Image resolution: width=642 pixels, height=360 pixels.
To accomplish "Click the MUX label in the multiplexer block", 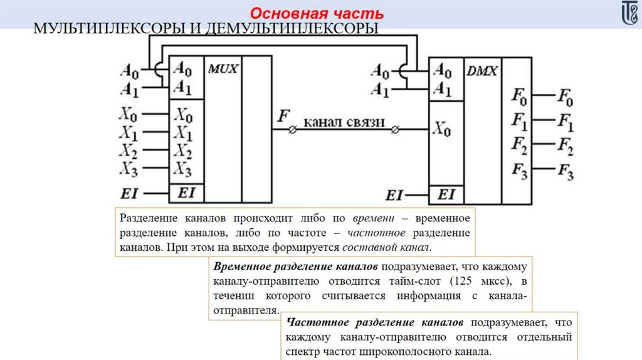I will click(x=223, y=69).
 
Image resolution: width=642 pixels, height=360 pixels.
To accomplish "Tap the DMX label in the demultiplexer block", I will click(x=482, y=71).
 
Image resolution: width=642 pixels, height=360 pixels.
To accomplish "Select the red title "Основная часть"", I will click(x=318, y=13).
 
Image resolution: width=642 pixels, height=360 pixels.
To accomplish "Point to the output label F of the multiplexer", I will click(x=284, y=117).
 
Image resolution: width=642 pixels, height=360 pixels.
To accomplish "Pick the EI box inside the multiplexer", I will click(x=186, y=193).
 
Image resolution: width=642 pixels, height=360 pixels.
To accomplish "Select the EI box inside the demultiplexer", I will click(x=446, y=194).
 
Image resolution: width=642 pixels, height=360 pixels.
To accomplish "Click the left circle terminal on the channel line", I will click(x=292, y=130).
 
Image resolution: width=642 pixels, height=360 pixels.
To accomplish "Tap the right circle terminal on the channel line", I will click(x=395, y=130).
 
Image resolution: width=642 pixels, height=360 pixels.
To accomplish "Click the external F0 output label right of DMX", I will click(x=565, y=98).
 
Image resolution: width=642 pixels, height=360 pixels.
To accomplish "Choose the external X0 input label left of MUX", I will click(x=129, y=115).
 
